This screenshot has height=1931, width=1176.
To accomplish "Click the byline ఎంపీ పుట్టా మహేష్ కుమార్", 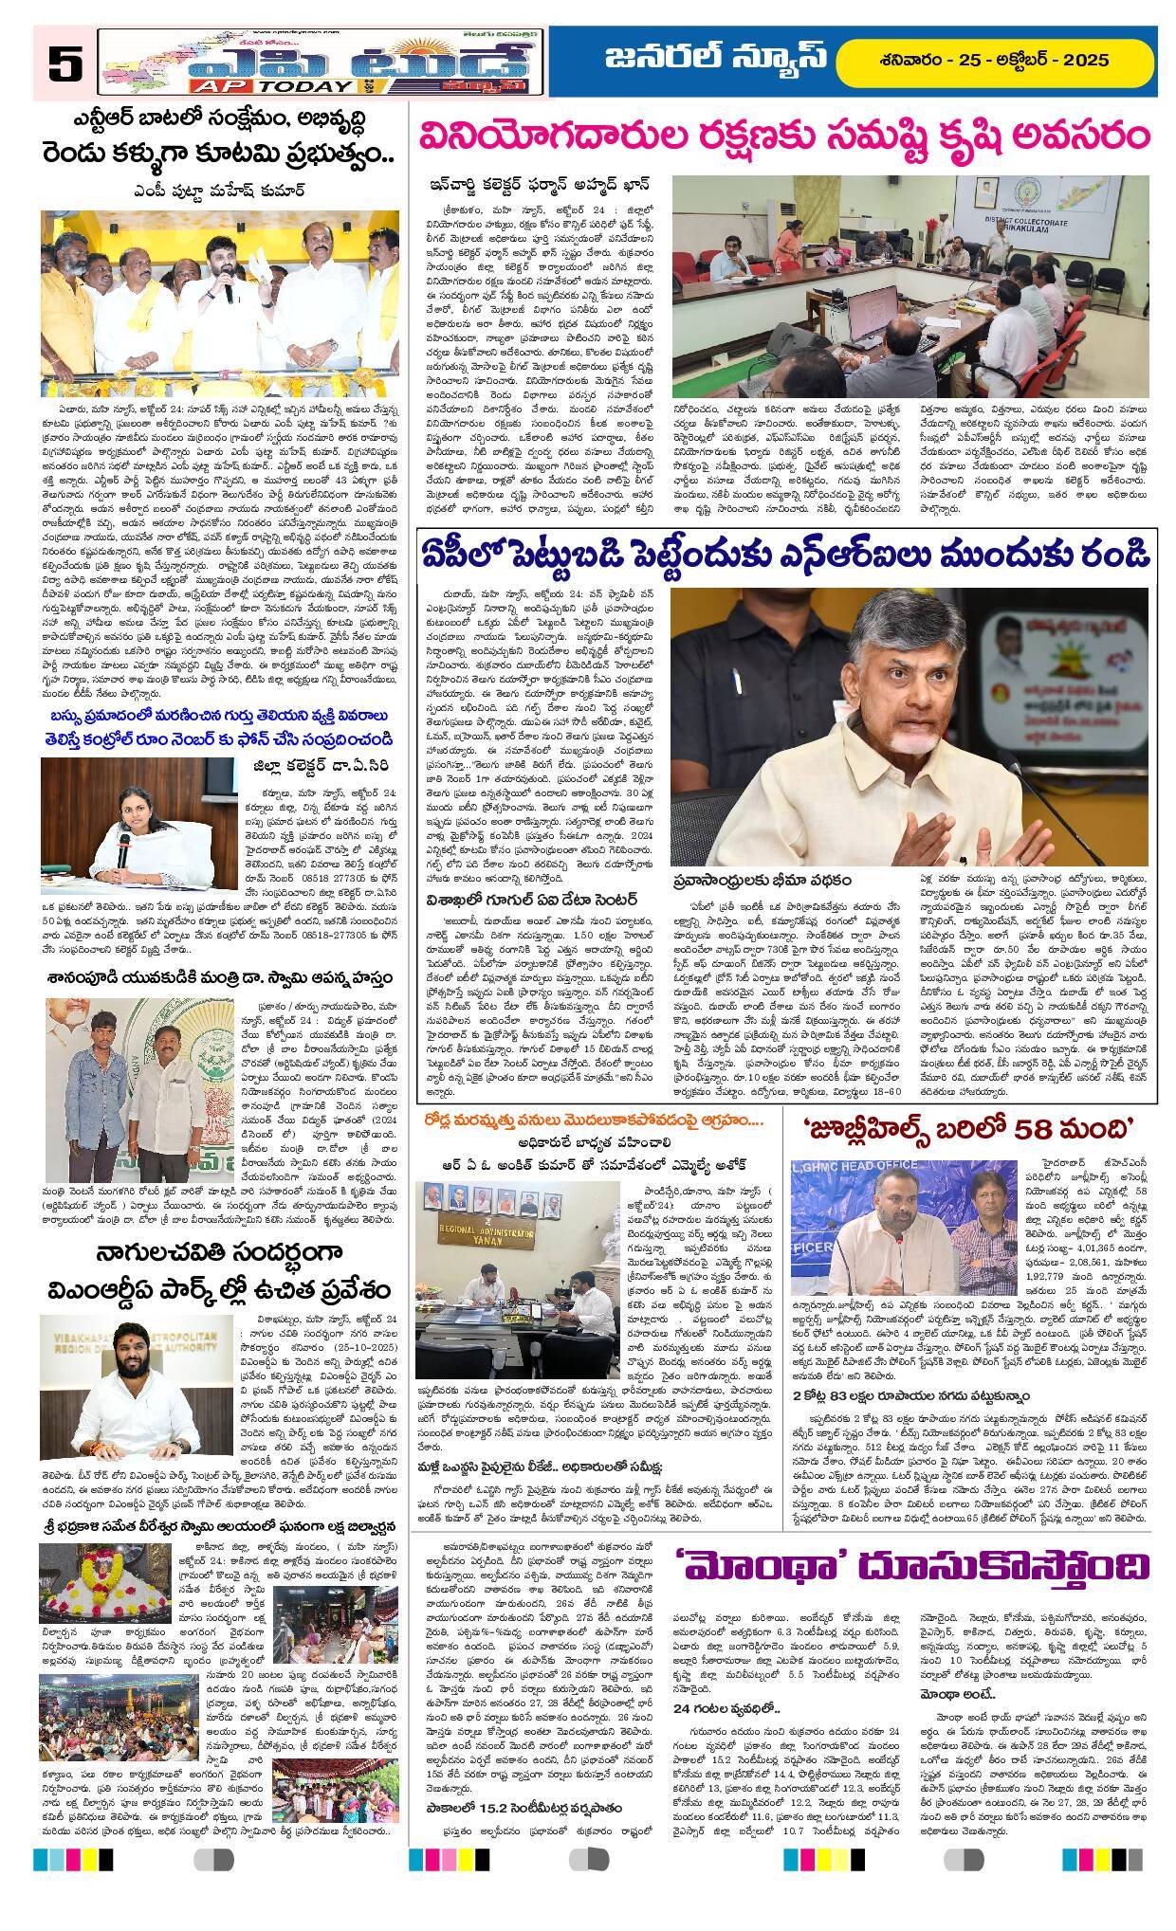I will pos(219,191).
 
